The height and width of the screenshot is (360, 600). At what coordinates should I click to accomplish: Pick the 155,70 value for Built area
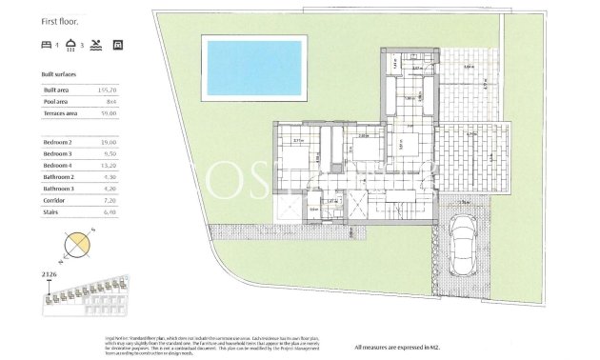coord(109,90)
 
